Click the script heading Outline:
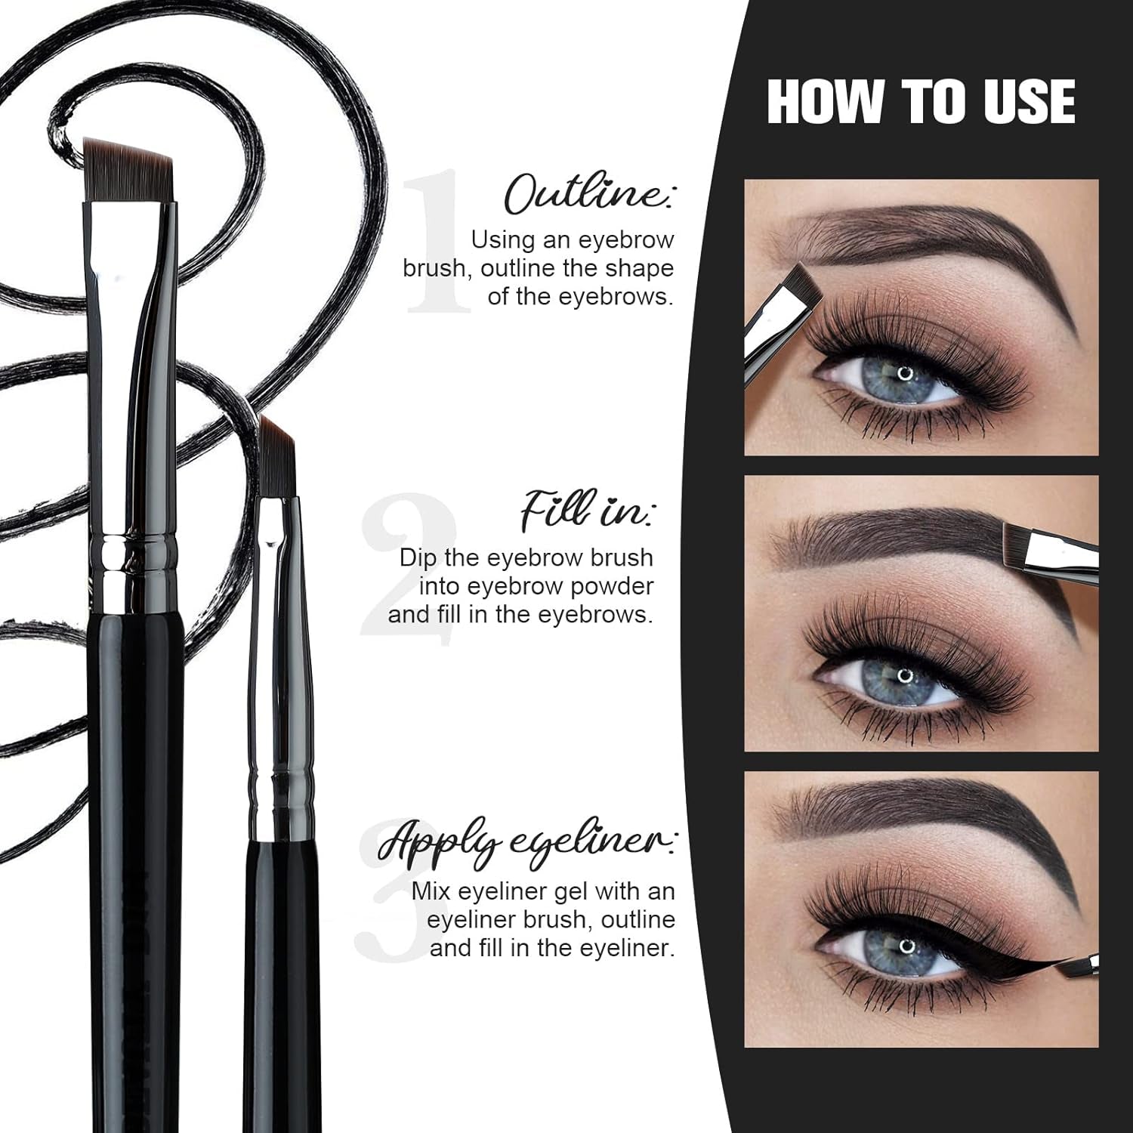click(590, 194)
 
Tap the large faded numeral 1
click(438, 242)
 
